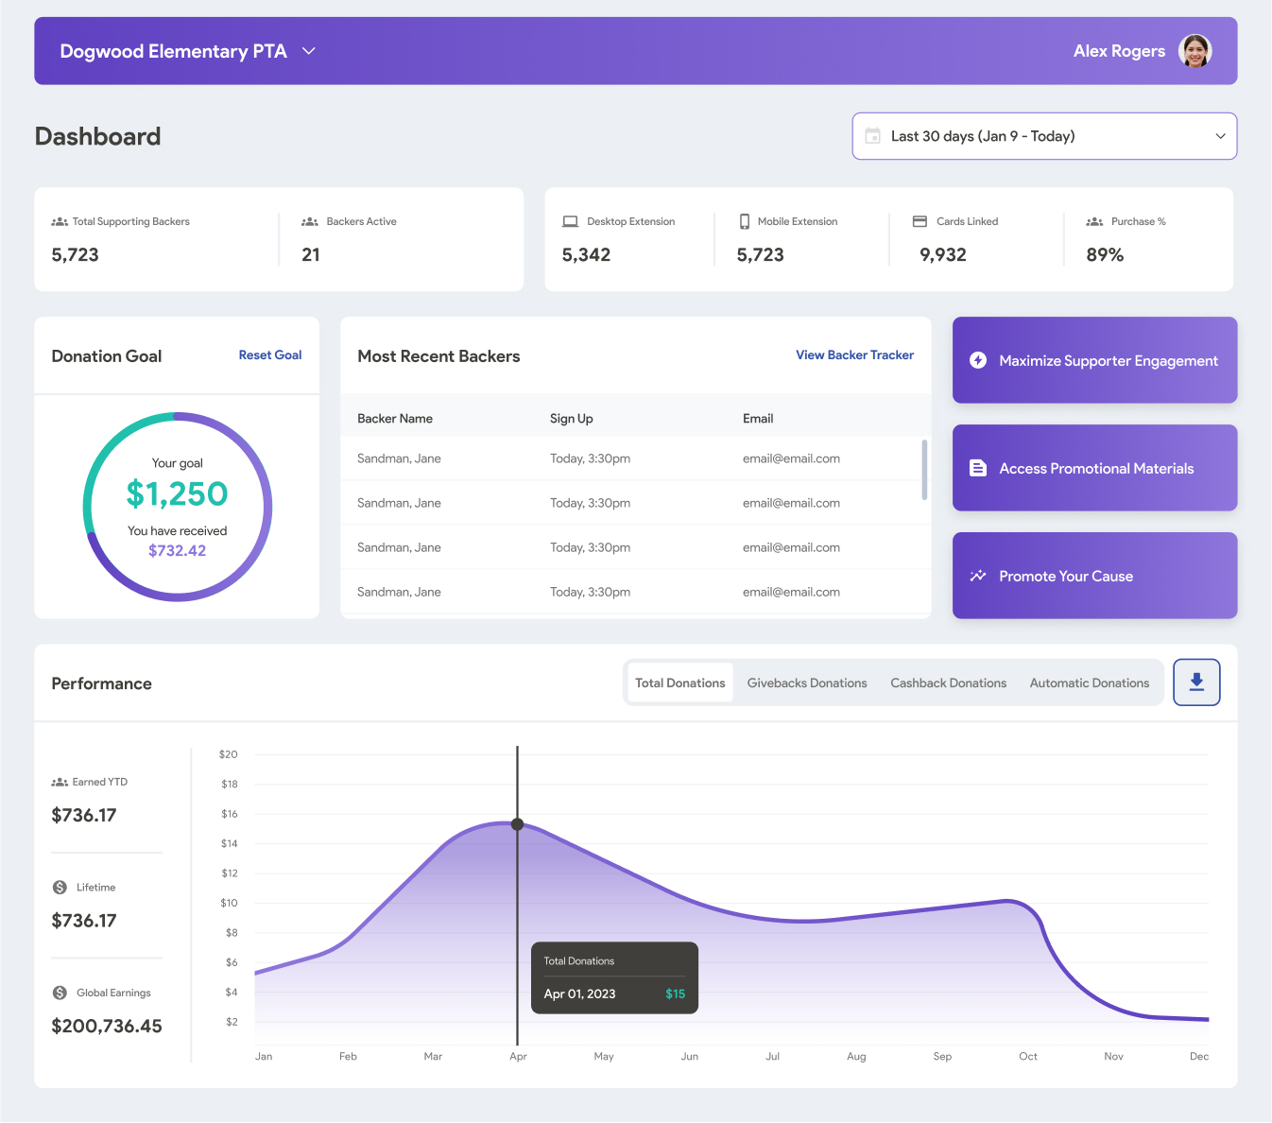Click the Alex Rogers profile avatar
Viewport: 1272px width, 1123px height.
(1195, 51)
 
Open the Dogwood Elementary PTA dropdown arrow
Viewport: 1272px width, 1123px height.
(308, 51)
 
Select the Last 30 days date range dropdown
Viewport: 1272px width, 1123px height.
(1044, 136)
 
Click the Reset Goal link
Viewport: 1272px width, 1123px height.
(270, 355)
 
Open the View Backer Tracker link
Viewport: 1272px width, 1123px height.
(854, 355)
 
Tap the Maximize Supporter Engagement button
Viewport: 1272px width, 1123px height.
(1094, 360)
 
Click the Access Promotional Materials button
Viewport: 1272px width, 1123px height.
(1094, 468)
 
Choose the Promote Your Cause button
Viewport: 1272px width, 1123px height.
(1094, 576)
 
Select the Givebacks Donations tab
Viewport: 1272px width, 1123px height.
(807, 682)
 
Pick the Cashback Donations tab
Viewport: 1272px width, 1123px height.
(948, 682)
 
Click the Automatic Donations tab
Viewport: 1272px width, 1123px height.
(1089, 682)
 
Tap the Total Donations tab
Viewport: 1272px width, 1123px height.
(679, 682)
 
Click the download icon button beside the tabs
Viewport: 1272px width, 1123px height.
(1196, 682)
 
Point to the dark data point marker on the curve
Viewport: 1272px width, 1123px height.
(518, 824)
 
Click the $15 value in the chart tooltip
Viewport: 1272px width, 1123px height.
(675, 993)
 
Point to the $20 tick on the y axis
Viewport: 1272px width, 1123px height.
(229, 754)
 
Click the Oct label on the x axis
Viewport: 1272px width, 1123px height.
(1028, 1056)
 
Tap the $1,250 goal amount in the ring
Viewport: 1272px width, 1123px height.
(178, 493)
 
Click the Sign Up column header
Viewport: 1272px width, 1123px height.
(572, 419)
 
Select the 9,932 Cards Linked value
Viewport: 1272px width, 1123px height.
(943, 254)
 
